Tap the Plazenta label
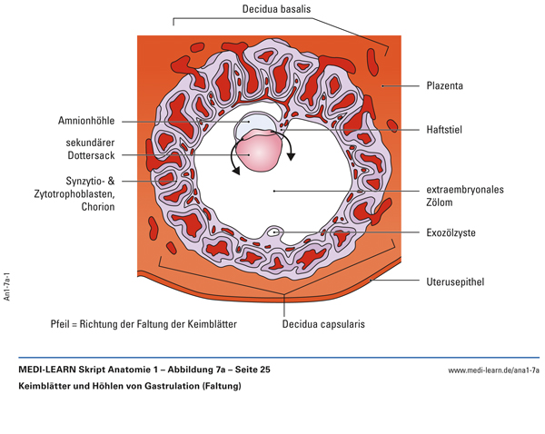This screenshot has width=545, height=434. pos(445,86)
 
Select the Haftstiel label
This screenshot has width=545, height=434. pos(444,129)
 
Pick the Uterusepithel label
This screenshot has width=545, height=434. pos(455,281)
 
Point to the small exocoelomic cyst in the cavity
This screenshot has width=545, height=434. pos(274,232)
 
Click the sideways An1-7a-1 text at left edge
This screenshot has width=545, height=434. pos(7,284)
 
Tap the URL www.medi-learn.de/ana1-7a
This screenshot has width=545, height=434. pos(493,370)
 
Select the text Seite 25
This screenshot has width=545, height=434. pos(247,370)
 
